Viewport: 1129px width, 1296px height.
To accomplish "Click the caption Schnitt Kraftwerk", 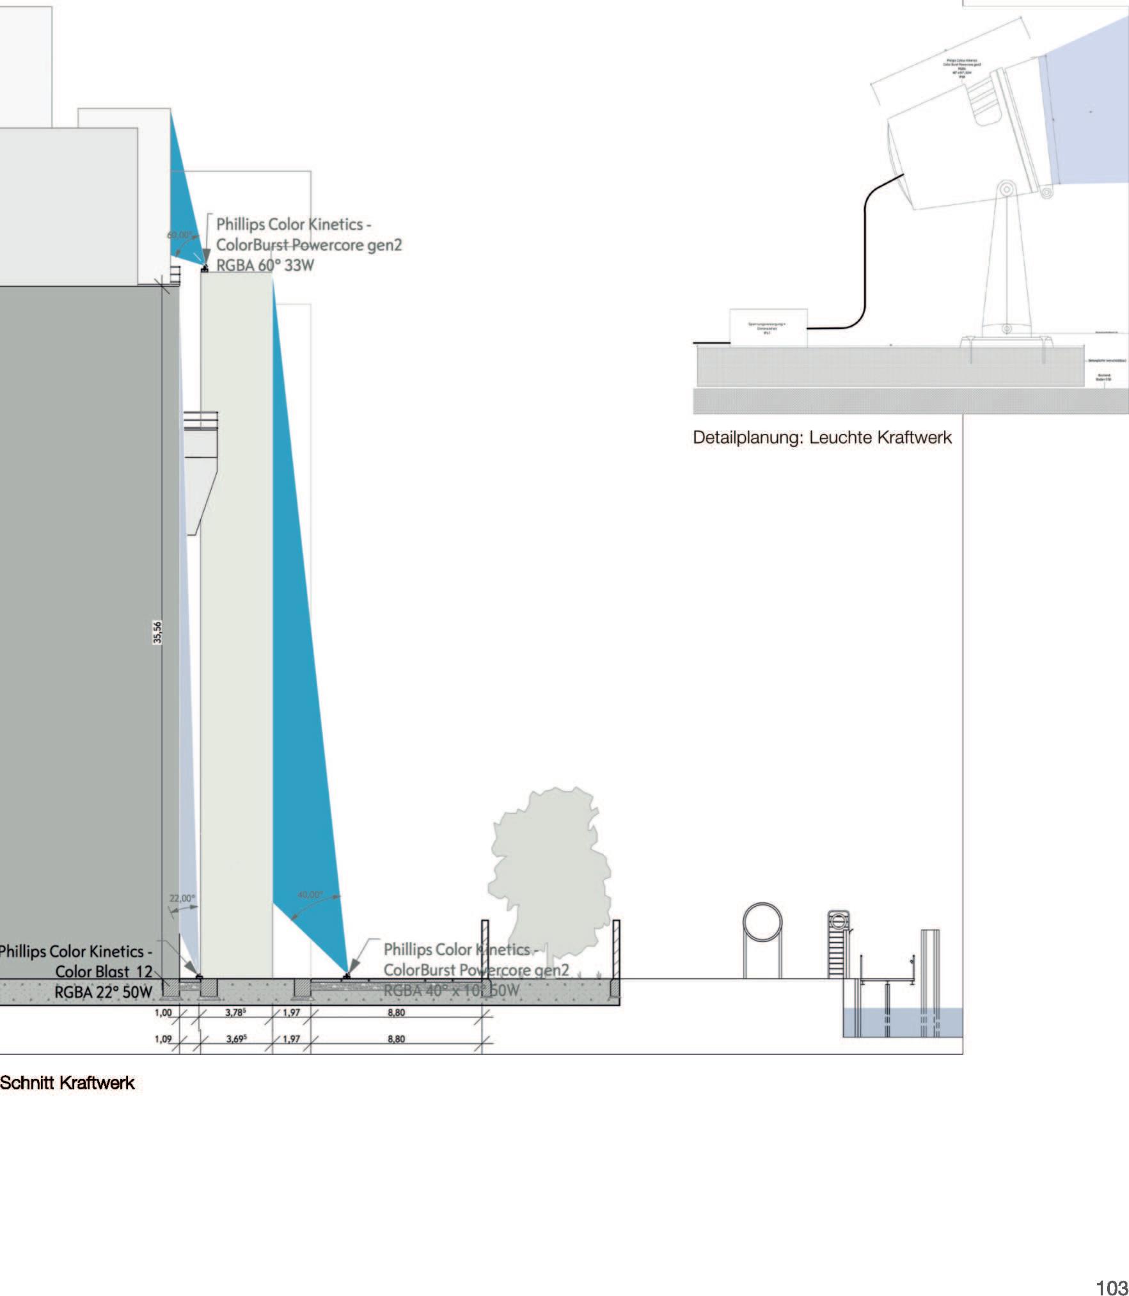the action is coord(67,1083).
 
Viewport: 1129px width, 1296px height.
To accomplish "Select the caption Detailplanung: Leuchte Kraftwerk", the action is coord(822,438).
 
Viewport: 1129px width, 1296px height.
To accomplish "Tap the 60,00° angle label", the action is coord(179,235).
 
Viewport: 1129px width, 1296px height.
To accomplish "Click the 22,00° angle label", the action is coord(182,899).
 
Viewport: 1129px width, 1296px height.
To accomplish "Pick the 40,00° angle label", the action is coord(310,894).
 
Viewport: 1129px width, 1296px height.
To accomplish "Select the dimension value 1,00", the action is coord(164,1012).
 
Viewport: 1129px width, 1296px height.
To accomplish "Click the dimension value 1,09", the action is coord(164,1039).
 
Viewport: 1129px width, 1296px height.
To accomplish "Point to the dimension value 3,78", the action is coord(236,1012).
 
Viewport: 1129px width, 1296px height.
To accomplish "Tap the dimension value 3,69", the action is coord(236,1039).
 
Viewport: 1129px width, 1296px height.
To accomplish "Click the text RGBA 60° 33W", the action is coord(265,265).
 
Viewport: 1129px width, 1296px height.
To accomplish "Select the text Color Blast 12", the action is coord(104,972).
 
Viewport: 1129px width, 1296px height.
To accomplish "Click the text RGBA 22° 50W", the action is coord(104,992).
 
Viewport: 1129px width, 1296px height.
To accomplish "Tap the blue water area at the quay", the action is coord(902,1022).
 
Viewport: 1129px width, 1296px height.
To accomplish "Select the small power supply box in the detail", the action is coord(768,328).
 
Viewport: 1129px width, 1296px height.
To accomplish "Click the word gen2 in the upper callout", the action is coord(384,244).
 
